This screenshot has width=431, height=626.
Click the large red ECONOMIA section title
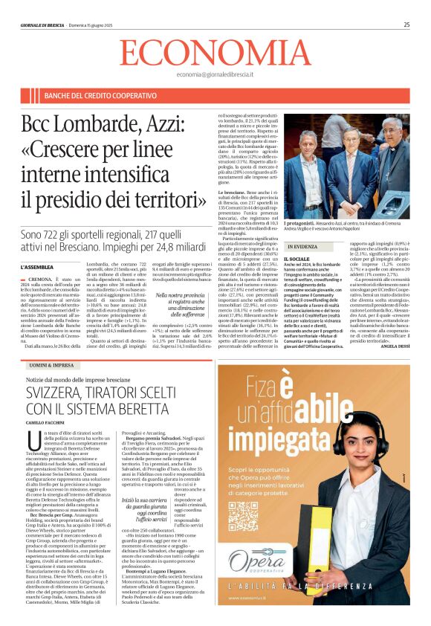[215, 54]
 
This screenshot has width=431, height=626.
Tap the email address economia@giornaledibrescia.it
[215, 75]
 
